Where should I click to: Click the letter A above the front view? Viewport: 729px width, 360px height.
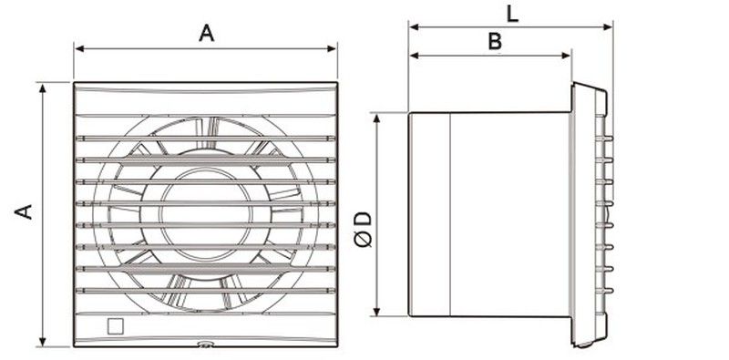207,33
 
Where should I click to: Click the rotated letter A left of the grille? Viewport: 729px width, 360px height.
25,211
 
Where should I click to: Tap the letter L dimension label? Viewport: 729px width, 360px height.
512,14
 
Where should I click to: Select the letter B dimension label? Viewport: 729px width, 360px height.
495,41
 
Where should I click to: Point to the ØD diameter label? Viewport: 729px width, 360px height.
364,230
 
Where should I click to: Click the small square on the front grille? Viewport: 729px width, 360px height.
115,325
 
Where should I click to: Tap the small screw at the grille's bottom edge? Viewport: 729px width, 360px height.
204,345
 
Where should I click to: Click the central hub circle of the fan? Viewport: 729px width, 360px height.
206,213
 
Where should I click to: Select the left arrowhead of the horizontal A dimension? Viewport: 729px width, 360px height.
79,48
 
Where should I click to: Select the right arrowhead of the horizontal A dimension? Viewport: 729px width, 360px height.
332,48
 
